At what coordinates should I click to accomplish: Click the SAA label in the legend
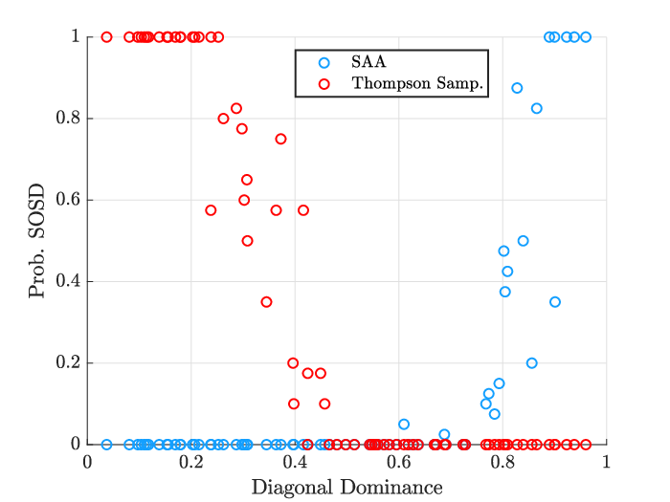click(368, 62)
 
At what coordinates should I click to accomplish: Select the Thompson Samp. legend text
click(417, 84)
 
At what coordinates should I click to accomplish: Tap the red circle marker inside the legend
click(324, 84)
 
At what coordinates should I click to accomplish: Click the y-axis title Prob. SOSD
click(36, 241)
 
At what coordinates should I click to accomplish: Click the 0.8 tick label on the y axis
click(68, 118)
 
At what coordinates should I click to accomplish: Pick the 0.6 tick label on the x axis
click(399, 463)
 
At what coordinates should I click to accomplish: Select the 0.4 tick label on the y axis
click(68, 281)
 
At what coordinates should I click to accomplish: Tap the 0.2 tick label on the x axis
click(191, 463)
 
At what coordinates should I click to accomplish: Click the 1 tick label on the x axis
click(606, 463)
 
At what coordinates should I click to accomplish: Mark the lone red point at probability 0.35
click(267, 302)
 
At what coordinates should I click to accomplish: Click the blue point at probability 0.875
click(517, 88)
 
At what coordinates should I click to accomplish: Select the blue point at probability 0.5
click(523, 241)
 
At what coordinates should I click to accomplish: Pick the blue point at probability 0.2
click(532, 363)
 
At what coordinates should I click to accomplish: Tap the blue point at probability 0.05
click(404, 425)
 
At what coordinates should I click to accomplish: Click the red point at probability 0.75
click(280, 139)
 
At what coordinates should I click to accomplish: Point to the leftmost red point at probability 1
click(107, 37)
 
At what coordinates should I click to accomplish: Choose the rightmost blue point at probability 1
click(586, 37)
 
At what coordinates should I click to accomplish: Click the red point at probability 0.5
click(247, 241)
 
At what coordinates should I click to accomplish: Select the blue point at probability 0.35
click(555, 302)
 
